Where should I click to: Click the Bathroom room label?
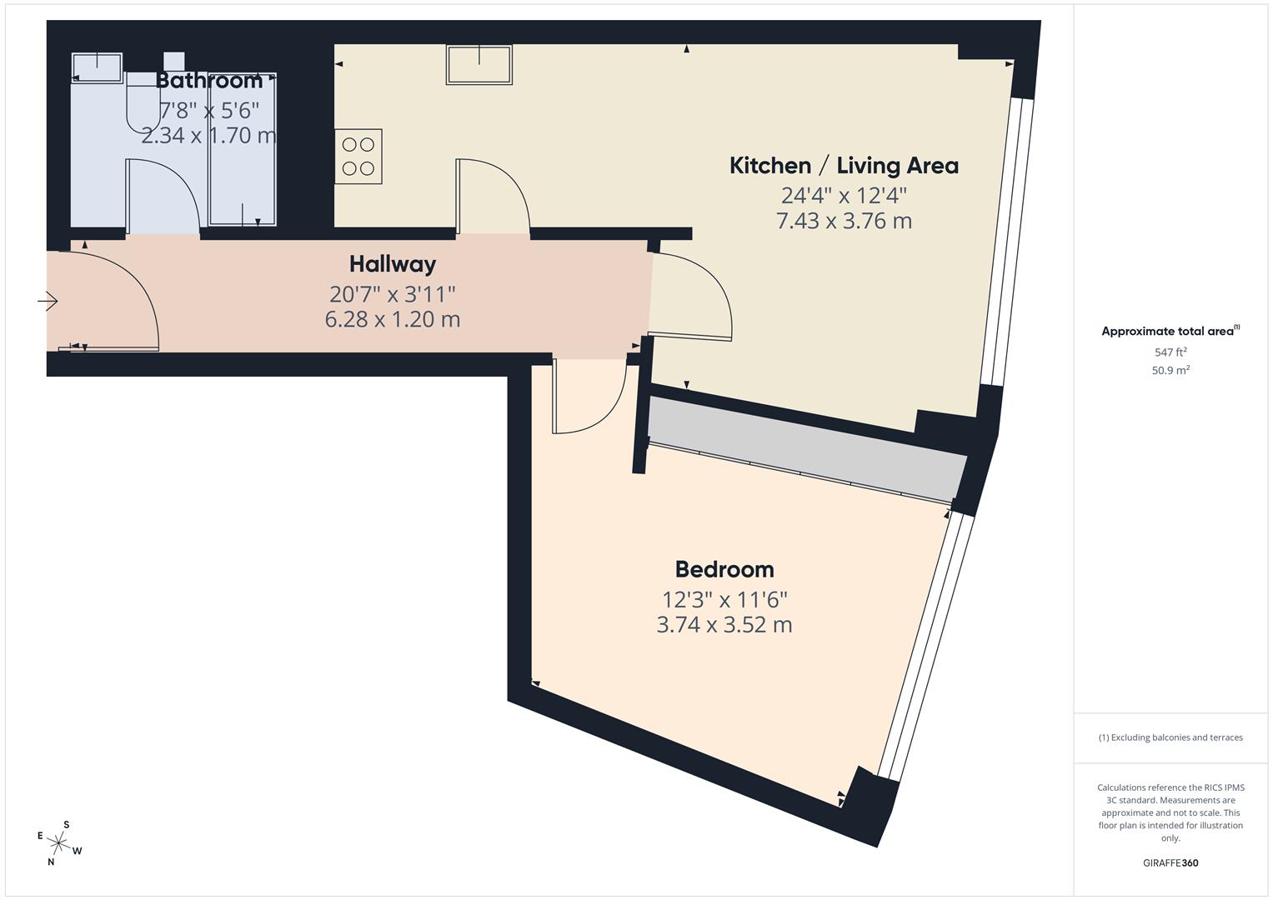[209, 81]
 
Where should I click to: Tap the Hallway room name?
[392, 264]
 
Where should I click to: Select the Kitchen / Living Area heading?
[844, 166]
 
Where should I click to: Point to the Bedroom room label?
[724, 569]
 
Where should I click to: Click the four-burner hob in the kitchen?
[358, 157]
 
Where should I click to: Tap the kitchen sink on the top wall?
[479, 65]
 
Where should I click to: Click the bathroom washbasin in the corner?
[98, 66]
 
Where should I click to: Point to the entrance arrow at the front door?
[48, 301]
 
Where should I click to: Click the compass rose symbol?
[59, 842]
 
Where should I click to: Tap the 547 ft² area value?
[1170, 352]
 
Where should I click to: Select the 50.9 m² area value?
[1170, 371]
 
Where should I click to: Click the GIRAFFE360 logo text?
[1170, 862]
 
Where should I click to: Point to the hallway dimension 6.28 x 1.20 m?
[392, 319]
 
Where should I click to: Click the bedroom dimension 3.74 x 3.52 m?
[724, 624]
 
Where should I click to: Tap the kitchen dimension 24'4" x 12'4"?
[844, 196]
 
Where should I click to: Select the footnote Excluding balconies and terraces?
[1170, 737]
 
